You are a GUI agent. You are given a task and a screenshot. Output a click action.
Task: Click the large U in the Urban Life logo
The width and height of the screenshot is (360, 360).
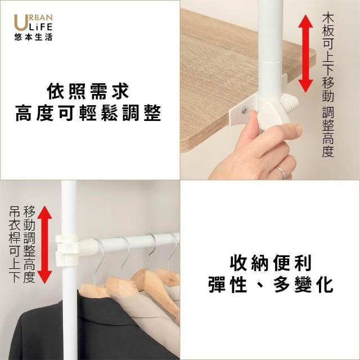[20, 22]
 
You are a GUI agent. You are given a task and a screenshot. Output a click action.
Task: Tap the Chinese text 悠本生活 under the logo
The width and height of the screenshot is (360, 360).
[33, 37]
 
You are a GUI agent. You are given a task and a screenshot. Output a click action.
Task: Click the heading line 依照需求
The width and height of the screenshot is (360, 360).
[88, 92]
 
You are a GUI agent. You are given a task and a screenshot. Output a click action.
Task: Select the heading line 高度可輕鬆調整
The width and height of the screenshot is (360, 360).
[88, 113]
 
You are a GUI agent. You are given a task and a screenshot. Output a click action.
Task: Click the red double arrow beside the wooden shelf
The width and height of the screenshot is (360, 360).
[305, 54]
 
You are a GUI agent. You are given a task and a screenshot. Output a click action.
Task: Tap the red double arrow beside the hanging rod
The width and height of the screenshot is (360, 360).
[45, 245]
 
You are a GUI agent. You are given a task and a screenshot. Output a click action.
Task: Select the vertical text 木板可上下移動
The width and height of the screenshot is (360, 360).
[328, 57]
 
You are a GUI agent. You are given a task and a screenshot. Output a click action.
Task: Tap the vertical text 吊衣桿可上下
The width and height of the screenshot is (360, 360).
[15, 244]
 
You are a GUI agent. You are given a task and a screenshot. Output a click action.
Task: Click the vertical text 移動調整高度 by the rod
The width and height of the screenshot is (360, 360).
[29, 244]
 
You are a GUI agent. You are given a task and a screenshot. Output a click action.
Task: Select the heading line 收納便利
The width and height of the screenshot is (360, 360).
[271, 263]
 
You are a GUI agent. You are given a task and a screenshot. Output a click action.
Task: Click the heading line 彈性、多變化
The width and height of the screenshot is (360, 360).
[271, 285]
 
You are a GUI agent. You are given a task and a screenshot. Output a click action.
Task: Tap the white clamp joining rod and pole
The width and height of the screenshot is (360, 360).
[67, 250]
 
